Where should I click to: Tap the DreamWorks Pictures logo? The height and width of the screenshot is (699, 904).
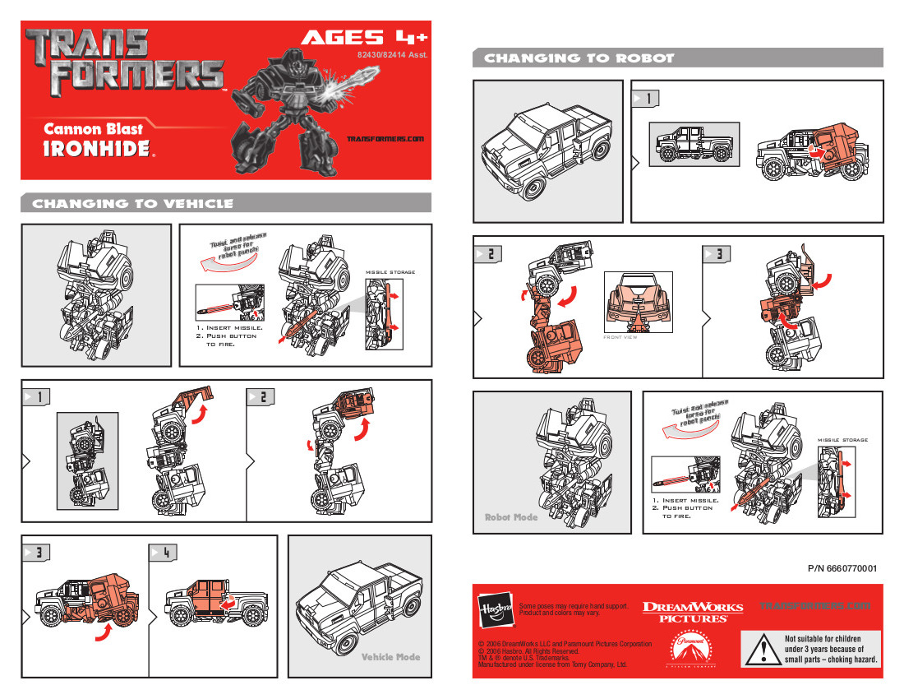pyautogui.click(x=692, y=611)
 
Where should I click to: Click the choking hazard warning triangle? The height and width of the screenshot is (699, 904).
pyautogui.click(x=763, y=650)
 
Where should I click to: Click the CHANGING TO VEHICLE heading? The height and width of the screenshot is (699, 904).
pyautogui.click(x=132, y=204)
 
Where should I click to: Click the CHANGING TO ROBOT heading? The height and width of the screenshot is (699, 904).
pyautogui.click(x=579, y=58)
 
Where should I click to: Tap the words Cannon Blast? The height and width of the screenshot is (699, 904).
pyautogui.click(x=93, y=128)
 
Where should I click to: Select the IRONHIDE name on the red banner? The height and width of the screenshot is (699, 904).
pyautogui.click(x=97, y=148)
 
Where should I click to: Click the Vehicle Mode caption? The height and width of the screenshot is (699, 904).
pyautogui.click(x=390, y=657)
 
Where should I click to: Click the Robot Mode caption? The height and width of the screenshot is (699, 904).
pyautogui.click(x=510, y=518)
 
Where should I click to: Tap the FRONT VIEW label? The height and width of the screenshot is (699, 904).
pyautogui.click(x=620, y=337)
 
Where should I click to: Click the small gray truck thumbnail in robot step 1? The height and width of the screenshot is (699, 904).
pyautogui.click(x=694, y=145)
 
